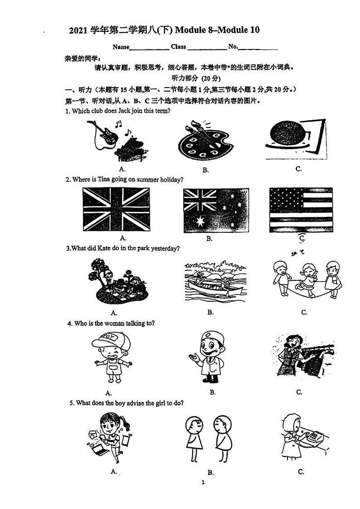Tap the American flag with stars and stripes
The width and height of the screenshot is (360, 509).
pyautogui.click(x=300, y=210)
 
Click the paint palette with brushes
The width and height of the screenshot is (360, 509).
pyautogui.click(x=204, y=141)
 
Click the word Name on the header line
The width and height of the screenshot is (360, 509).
pyautogui.click(x=121, y=47)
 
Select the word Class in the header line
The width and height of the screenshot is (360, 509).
pyautogui.click(x=178, y=47)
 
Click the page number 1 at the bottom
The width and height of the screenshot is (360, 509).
pyautogui.click(x=203, y=482)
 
